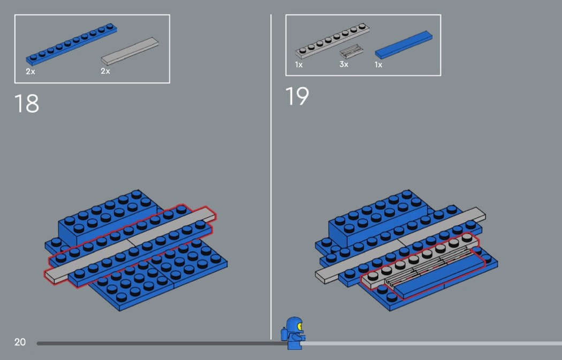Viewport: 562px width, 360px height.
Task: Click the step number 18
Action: (x=27, y=103)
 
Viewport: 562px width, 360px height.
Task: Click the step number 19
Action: (x=297, y=96)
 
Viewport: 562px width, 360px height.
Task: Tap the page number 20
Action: (x=20, y=342)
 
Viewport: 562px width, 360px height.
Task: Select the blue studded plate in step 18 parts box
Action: (x=71, y=44)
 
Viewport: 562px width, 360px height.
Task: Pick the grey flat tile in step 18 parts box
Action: (x=130, y=51)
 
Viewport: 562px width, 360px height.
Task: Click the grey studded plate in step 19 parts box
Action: (x=332, y=40)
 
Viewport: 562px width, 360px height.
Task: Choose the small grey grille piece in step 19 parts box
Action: (x=351, y=51)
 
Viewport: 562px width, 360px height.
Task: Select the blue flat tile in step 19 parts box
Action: (x=404, y=45)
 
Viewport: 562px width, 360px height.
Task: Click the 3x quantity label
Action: (x=344, y=65)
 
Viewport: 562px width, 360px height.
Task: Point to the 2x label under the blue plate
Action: (x=31, y=72)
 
